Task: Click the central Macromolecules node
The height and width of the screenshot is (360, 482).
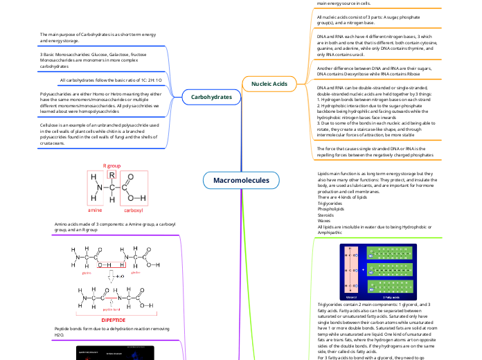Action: click(x=241, y=181)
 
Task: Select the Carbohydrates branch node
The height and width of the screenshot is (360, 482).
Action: click(x=211, y=98)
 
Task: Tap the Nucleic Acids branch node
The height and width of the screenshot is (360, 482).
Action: click(x=269, y=84)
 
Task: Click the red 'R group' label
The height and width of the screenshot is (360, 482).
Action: click(x=111, y=166)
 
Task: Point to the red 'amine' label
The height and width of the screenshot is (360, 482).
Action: click(x=95, y=209)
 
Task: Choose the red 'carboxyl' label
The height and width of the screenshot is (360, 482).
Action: click(x=132, y=209)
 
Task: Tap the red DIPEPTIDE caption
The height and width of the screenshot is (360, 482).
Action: click(x=116, y=321)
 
